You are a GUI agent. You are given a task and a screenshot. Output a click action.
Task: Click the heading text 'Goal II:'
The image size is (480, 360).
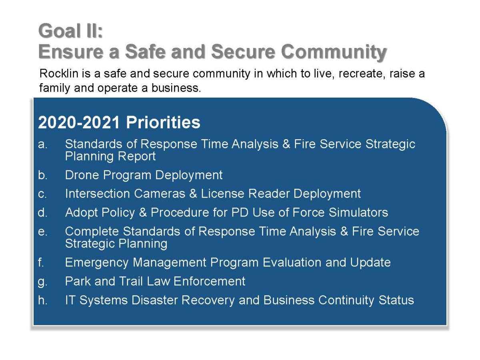(x=70, y=31)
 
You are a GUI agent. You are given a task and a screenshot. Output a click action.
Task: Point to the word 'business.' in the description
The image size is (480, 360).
(x=176, y=88)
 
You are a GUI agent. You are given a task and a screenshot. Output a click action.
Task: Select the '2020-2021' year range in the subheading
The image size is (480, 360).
(x=79, y=122)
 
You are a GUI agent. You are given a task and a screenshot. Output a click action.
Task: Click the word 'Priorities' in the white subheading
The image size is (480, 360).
(x=163, y=122)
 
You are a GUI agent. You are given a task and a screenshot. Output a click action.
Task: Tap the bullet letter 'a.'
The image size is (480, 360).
(x=43, y=144)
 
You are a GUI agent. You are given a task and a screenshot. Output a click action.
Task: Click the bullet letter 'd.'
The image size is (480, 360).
(x=43, y=212)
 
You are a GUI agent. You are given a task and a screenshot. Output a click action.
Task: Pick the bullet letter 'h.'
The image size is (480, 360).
(x=43, y=300)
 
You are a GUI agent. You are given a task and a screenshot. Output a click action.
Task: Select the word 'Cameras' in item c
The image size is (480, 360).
(x=160, y=194)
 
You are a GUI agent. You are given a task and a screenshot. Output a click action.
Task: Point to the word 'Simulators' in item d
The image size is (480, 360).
(x=358, y=212)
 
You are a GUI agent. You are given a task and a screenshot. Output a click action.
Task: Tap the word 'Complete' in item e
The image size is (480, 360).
(x=92, y=232)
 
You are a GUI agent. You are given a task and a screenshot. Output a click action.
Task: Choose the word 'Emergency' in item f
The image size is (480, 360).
(x=97, y=263)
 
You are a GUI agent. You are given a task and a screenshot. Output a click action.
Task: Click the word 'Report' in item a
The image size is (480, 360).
(x=137, y=156)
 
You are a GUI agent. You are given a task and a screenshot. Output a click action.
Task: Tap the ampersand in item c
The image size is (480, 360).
(x=193, y=194)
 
